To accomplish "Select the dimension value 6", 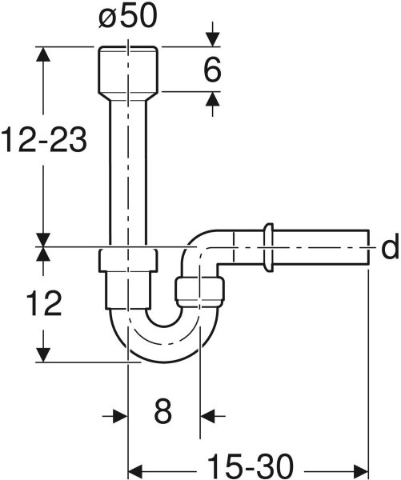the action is point(212,70).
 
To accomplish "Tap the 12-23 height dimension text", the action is point(44,140).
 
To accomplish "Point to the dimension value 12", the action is point(44,303).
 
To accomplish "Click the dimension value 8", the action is point(162,411).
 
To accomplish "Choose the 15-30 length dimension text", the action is point(251,466).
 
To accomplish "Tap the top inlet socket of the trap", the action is point(128,70).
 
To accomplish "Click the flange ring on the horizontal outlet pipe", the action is point(268,247).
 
